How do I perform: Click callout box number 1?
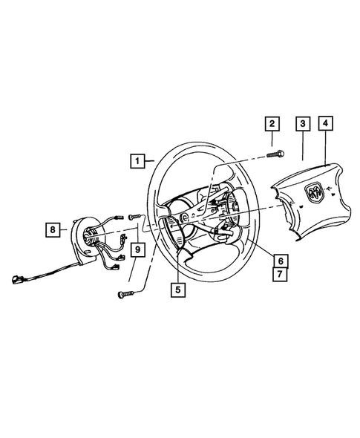tap(137, 159)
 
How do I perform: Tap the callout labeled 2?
tap(272, 125)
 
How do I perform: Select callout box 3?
tap(302, 125)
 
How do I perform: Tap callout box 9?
tap(137, 250)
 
